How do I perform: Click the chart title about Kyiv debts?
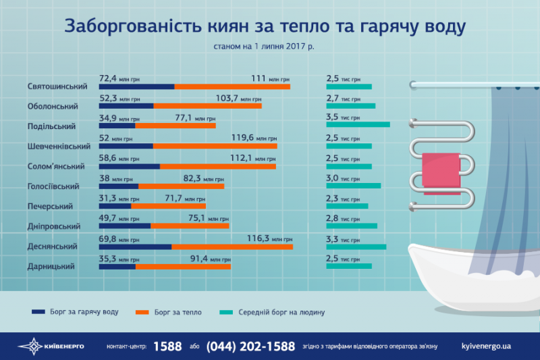[265, 28]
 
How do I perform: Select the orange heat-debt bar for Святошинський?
[232, 86]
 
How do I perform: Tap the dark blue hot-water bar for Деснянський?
[135, 247]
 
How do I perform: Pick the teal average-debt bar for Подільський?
[358, 124]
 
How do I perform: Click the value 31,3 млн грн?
[119, 198]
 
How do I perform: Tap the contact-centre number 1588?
[167, 346]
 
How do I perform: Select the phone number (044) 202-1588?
[250, 346]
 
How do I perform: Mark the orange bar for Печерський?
[169, 206]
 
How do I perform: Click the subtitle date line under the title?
[264, 47]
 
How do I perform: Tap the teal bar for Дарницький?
[348, 266]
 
